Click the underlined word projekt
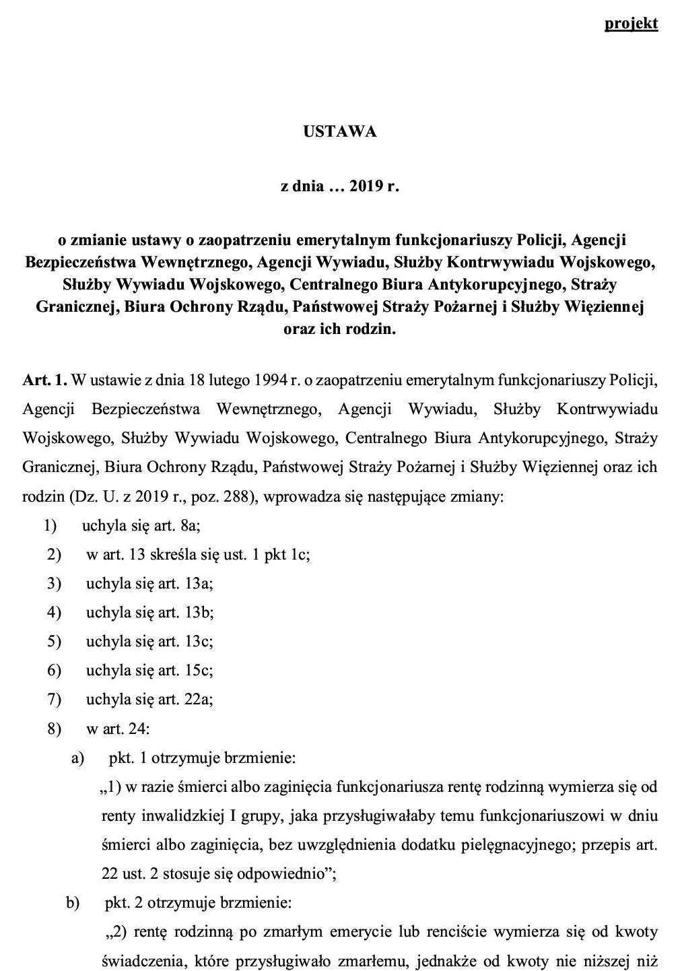[631, 23]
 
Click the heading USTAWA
[339, 131]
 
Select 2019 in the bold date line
[366, 186]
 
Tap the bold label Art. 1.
[44, 380]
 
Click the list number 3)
[54, 583]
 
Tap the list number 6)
[54, 670]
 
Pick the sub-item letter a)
[77, 758]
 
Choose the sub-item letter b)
[73, 902]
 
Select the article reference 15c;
[198, 670]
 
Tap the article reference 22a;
[198, 699]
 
